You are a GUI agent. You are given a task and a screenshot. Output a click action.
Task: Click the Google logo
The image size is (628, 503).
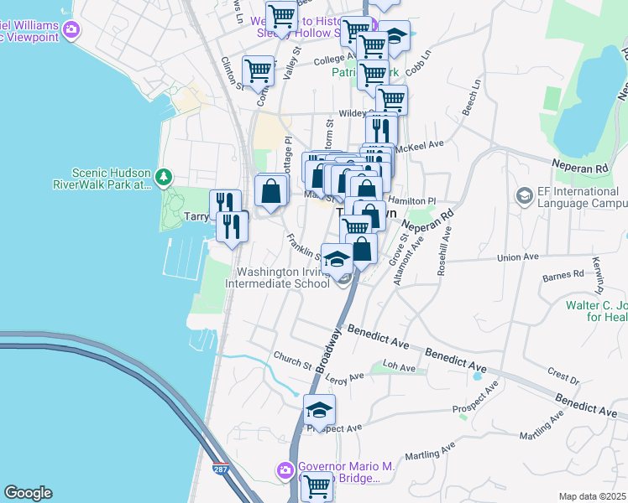click(28, 493)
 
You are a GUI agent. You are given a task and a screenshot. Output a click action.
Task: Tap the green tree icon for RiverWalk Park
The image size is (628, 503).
click(165, 177)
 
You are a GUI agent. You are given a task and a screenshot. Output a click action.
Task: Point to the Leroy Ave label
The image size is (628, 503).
click(345, 377)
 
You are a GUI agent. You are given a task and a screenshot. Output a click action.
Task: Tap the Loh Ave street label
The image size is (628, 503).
click(399, 367)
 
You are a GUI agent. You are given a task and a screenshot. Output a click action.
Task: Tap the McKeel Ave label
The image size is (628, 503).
click(423, 144)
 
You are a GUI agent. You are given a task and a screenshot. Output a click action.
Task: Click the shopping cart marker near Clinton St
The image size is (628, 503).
click(258, 70)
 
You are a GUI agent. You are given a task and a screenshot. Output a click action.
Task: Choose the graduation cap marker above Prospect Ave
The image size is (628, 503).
click(319, 409)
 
